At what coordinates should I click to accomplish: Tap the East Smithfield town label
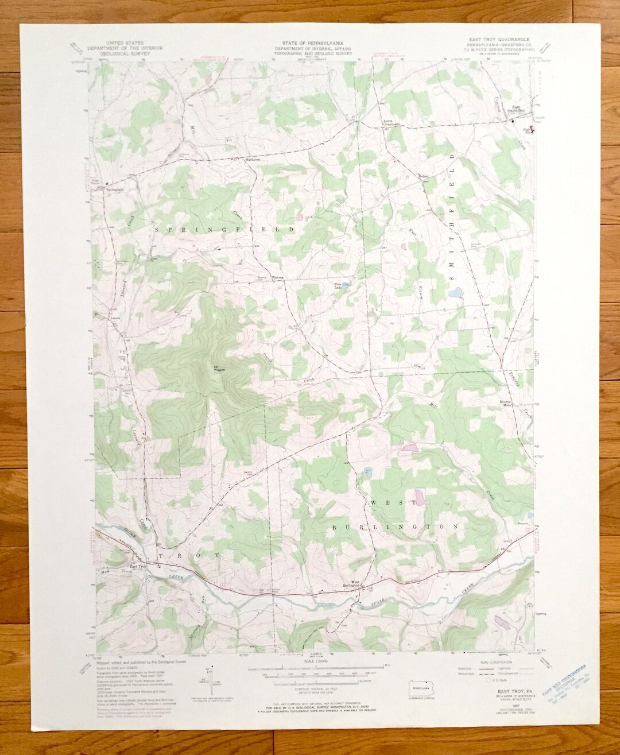[x=518, y=109]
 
